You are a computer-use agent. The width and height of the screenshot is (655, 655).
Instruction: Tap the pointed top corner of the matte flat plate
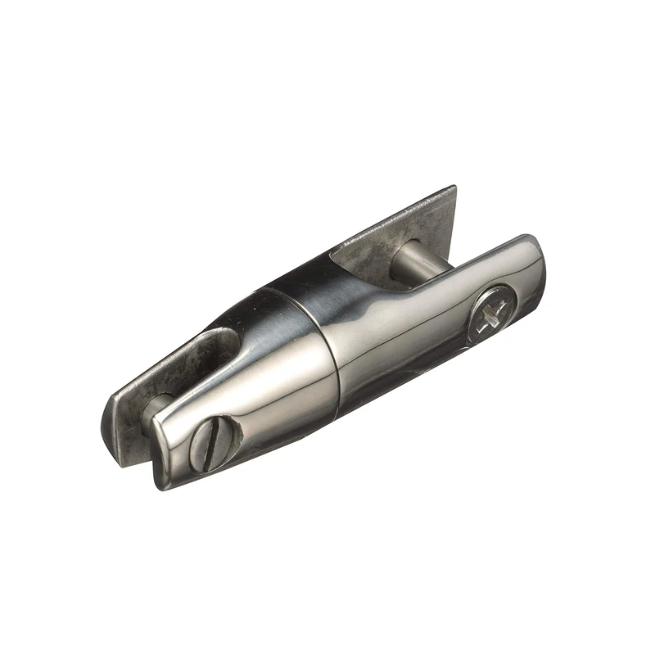click(x=452, y=189)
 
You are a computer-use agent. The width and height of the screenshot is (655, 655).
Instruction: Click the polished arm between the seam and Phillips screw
click(x=409, y=327)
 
